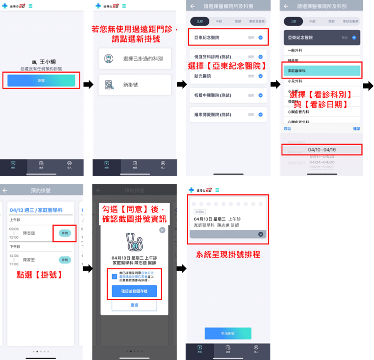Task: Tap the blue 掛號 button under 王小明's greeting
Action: point(41,80)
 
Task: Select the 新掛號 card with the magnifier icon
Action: point(135,85)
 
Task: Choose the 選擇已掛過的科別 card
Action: point(135,59)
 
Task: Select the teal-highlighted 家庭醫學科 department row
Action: point(322,71)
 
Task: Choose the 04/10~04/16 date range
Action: point(322,149)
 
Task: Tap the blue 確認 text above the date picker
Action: point(356,129)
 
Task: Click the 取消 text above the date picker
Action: point(287,129)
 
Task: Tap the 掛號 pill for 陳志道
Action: point(65,233)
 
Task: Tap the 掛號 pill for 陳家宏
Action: point(65,259)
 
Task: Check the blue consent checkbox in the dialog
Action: point(115,276)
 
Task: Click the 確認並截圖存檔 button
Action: point(134,291)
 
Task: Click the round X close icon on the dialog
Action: point(162,230)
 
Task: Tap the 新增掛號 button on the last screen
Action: point(228,333)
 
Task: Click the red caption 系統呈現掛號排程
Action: point(228,254)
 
